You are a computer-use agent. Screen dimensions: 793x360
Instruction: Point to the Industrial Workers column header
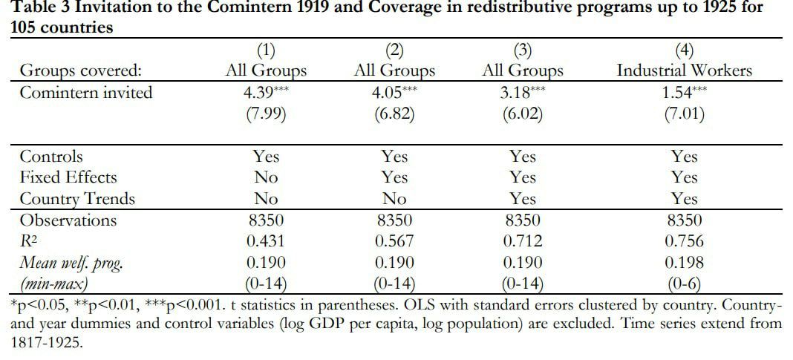click(685, 71)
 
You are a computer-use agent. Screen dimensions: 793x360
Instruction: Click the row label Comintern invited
click(86, 93)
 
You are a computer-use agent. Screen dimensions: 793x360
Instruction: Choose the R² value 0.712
click(523, 241)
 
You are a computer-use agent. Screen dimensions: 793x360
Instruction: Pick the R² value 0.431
click(266, 241)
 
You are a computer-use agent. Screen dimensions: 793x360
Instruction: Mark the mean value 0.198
click(685, 263)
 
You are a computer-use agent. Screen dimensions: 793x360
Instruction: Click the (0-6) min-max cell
click(685, 285)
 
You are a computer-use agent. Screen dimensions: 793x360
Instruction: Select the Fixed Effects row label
click(68, 177)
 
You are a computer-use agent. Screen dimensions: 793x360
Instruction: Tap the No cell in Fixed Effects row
click(266, 177)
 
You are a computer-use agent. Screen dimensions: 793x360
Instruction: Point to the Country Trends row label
click(77, 199)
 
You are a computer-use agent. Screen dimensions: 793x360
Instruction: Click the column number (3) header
click(523, 50)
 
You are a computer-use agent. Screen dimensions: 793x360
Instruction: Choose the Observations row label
click(68, 220)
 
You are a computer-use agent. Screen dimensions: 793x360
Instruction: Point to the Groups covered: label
click(80, 71)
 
